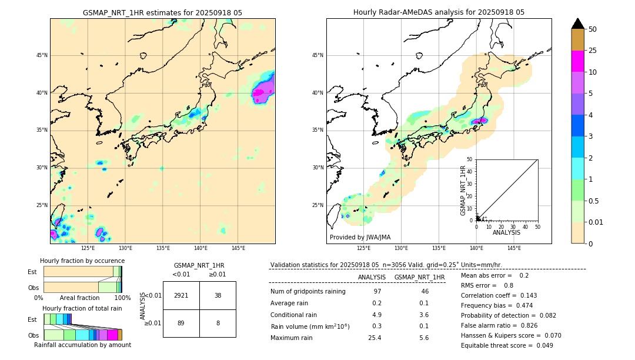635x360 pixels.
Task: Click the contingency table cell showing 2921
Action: pos(181,295)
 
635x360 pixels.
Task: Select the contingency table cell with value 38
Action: pos(218,295)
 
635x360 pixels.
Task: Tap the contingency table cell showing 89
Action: pos(181,323)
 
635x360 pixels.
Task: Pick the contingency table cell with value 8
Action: pos(218,323)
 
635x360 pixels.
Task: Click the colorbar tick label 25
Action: pos(593,51)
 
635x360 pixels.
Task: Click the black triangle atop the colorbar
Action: pos(578,24)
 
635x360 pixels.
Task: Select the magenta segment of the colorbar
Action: pos(578,61)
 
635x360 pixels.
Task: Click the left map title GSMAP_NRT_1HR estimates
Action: pos(162,12)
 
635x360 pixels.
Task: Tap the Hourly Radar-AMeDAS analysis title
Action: pos(439,12)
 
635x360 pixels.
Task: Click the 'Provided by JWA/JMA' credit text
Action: pos(360,237)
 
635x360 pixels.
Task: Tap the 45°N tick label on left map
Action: pos(42,55)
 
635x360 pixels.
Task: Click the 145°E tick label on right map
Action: pos(514,248)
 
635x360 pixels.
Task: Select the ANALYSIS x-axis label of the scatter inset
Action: pos(506,232)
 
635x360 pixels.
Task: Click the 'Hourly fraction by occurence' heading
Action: pos(82,261)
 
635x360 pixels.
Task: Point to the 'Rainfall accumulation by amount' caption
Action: pos(82,345)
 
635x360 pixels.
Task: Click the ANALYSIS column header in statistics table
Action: pos(372,277)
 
